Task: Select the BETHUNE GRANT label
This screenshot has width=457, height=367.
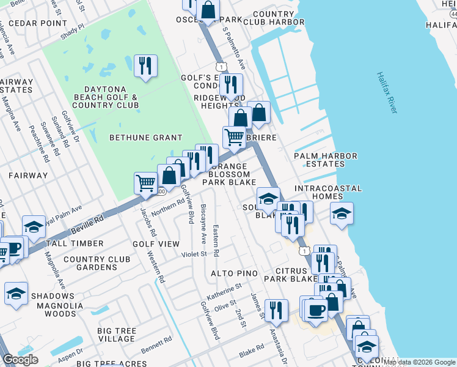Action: click(145, 138)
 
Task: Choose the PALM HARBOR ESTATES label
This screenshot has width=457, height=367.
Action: click(325, 160)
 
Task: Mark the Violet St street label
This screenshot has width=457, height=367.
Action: click(194, 254)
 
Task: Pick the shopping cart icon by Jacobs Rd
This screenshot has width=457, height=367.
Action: click(145, 182)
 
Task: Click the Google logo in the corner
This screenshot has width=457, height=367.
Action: click(20, 360)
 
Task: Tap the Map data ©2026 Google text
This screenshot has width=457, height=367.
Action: click(420, 362)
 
